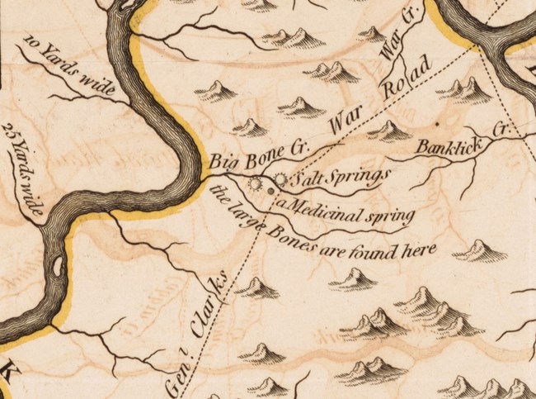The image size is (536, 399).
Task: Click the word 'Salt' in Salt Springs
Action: pos(305,178)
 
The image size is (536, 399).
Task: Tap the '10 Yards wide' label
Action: pos(62,62)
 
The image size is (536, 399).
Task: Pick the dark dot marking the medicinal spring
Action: pos(271,192)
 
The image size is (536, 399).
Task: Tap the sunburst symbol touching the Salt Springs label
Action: pos(280,178)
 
